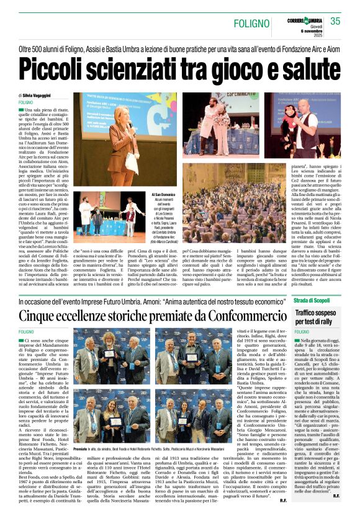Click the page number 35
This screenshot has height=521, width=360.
coord(336,20)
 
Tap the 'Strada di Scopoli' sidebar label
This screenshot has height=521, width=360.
coord(312,301)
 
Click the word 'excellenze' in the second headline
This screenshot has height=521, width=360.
coord(104,316)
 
